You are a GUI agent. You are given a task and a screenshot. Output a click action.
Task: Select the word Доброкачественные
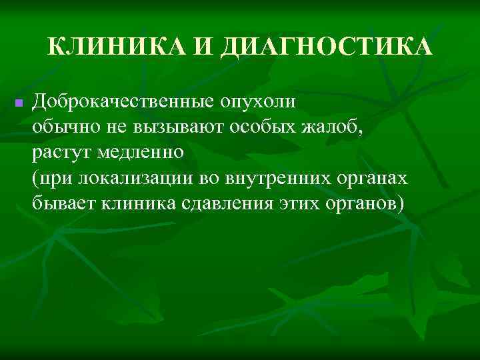pos(121,102)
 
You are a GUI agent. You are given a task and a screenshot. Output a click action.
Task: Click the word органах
pos(369,179)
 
